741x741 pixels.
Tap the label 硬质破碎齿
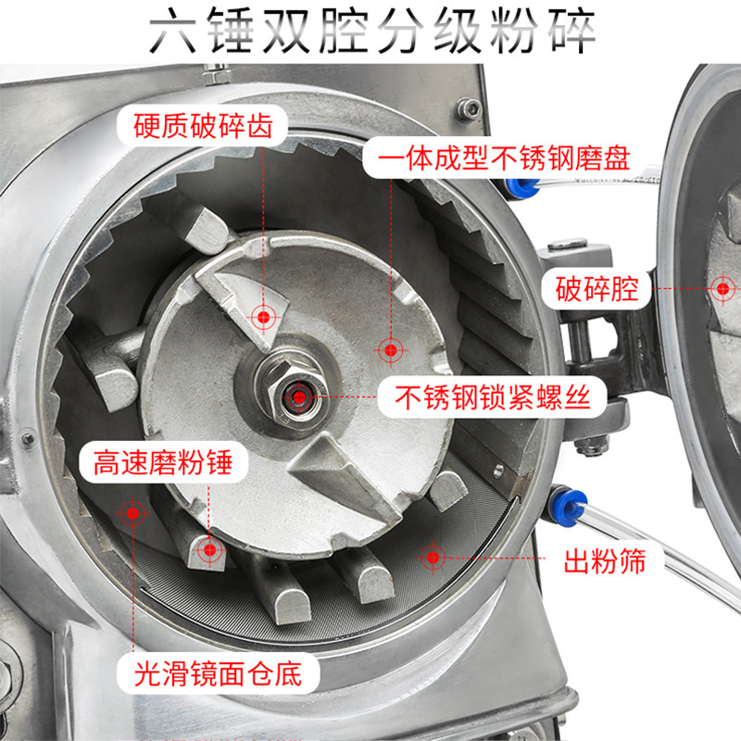point(203,126)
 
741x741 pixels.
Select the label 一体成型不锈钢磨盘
point(504,157)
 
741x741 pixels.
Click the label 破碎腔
point(597,289)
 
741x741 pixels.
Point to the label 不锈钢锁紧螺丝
point(493,397)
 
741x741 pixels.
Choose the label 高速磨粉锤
point(163,462)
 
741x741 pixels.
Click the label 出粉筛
point(605,561)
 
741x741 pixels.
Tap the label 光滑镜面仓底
point(218,673)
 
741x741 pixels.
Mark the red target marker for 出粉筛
point(433,558)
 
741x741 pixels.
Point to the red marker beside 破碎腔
point(722,288)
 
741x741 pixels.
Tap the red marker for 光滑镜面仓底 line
point(132,513)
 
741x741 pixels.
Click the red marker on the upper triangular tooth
point(264,317)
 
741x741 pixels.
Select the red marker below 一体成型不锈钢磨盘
point(391,350)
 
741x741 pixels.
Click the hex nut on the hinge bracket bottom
point(590,446)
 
